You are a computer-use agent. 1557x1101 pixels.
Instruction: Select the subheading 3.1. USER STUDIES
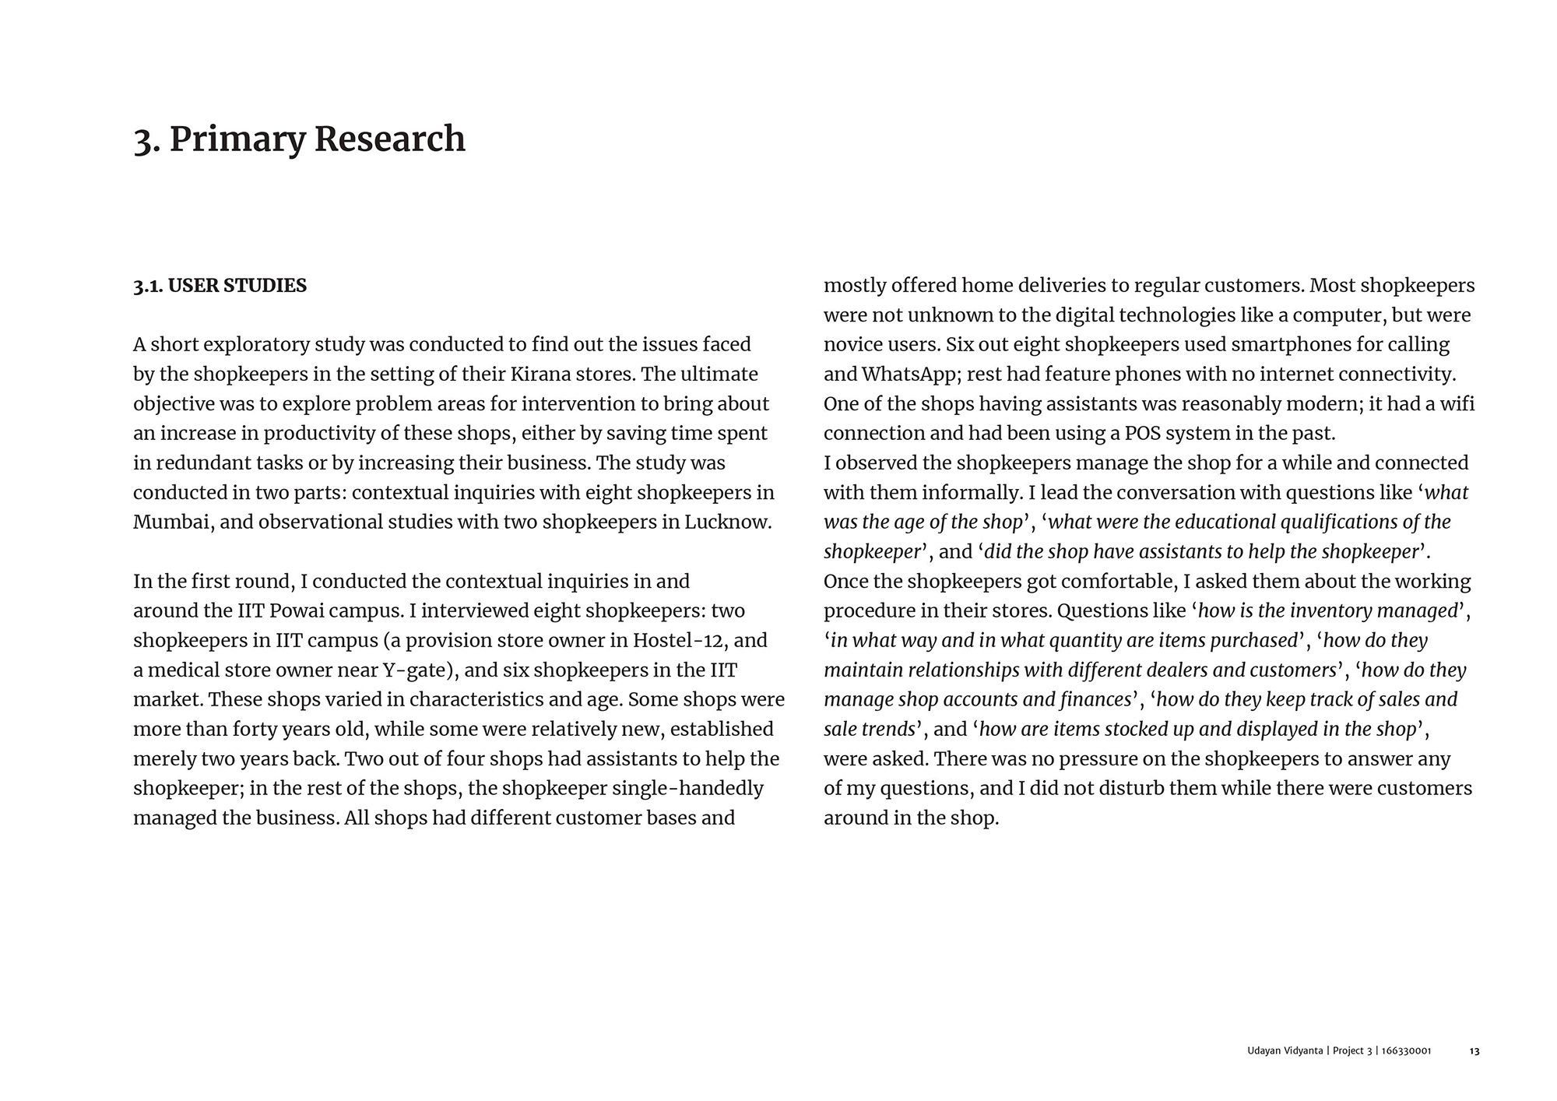(x=220, y=286)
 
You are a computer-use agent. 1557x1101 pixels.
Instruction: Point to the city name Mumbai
(x=170, y=522)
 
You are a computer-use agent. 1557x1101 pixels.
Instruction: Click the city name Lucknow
(x=727, y=522)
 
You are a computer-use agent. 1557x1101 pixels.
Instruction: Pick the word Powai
(x=298, y=611)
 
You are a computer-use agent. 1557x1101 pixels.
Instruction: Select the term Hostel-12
(x=679, y=641)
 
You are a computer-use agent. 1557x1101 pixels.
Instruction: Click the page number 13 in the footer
(x=1474, y=1051)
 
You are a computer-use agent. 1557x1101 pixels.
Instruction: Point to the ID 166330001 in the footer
(x=1406, y=1051)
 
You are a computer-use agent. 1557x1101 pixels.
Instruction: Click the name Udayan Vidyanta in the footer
(x=1285, y=1051)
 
